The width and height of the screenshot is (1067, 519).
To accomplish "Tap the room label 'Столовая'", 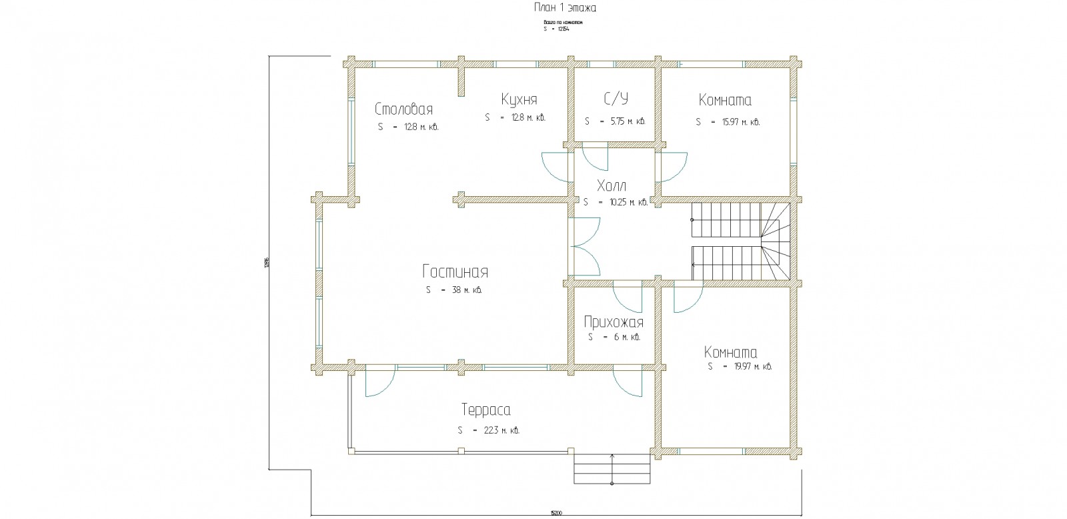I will [404, 109].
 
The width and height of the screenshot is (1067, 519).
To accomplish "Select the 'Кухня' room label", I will [519, 99].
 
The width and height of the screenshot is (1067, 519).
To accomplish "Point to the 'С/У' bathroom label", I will [616, 99].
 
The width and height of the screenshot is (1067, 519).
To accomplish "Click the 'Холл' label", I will [612, 185].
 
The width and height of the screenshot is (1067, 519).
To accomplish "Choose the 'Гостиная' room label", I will [455, 272].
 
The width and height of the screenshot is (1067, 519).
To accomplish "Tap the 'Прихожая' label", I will [614, 323].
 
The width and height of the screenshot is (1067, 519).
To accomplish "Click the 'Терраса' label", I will [485, 410].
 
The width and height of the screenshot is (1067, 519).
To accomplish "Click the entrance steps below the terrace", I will [612, 469].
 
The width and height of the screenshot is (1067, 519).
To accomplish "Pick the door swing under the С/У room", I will [595, 159].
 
